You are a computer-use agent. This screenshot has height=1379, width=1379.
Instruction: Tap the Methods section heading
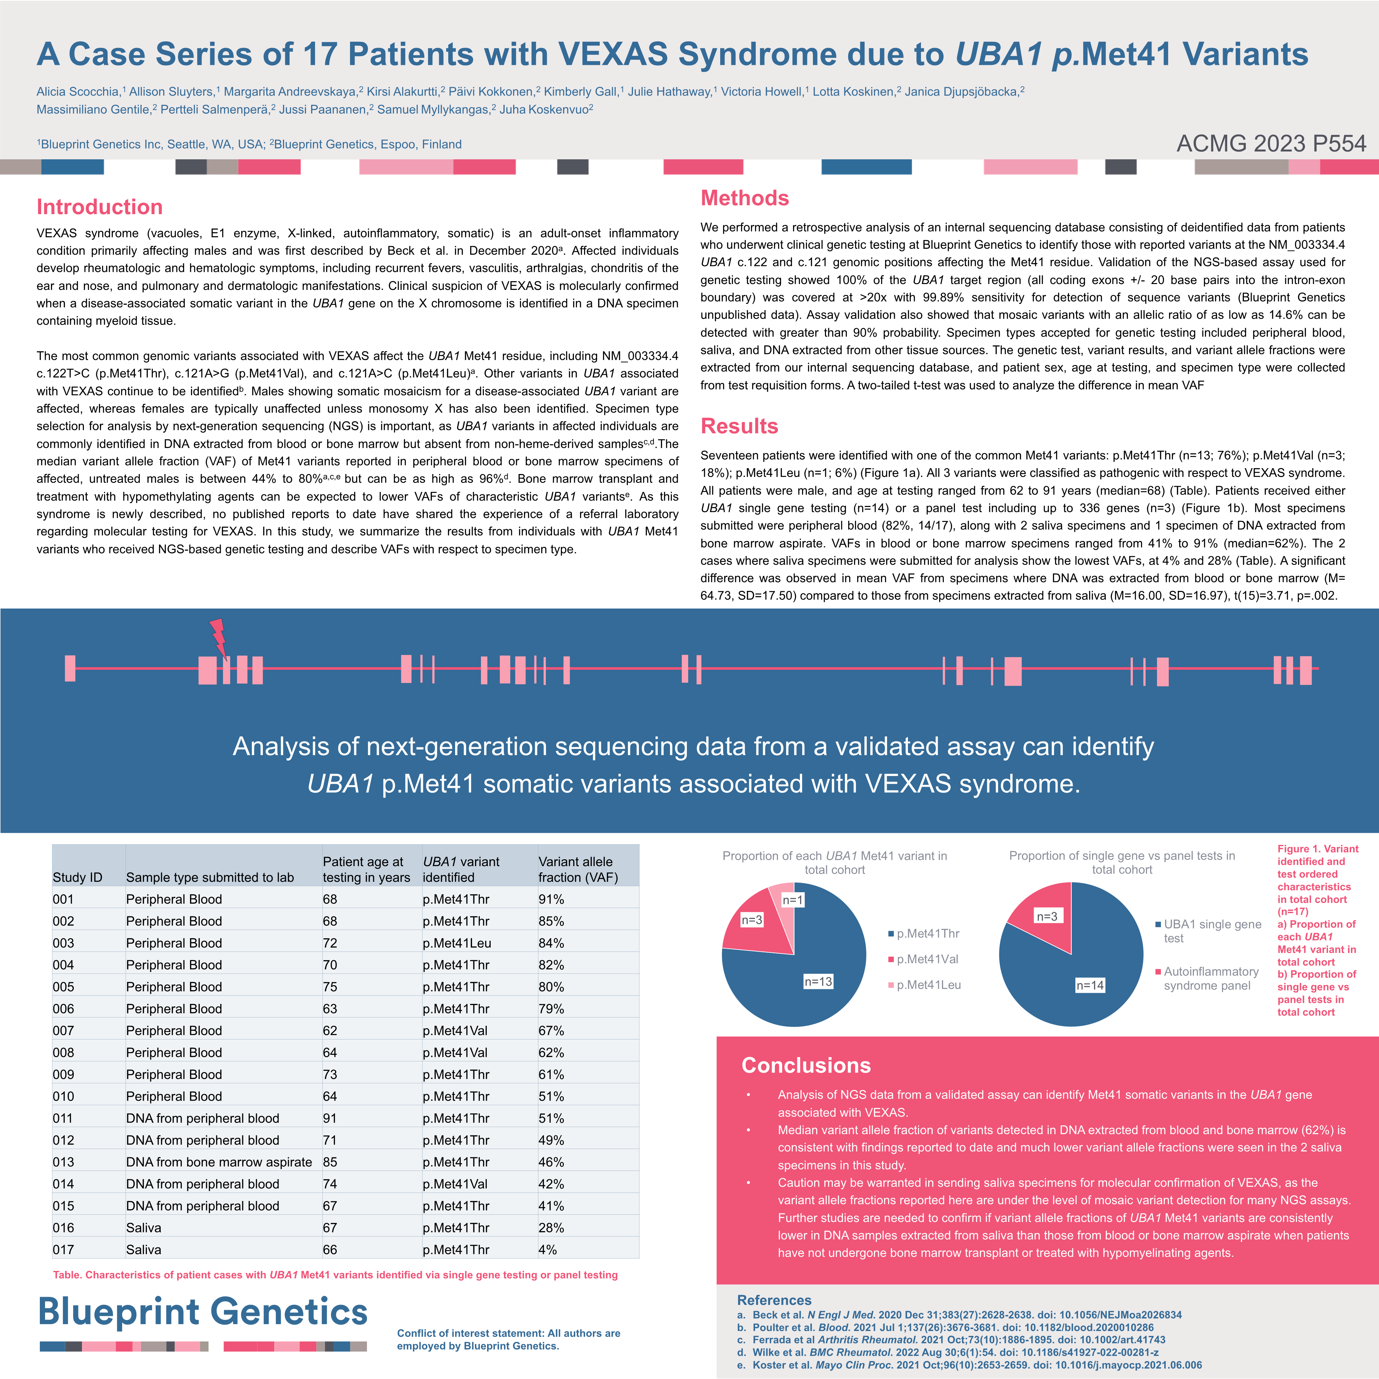[744, 198]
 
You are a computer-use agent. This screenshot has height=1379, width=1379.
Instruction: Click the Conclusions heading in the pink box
[806, 1065]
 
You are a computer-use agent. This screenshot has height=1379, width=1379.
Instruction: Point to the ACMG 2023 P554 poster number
[1271, 143]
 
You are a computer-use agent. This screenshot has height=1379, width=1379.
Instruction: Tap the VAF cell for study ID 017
[547, 1249]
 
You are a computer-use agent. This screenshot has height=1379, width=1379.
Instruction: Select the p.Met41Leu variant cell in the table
[457, 943]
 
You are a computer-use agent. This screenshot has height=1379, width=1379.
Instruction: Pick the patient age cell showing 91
[330, 1118]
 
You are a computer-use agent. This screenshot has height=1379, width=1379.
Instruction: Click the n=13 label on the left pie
[818, 981]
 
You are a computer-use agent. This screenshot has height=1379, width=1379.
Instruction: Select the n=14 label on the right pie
[1090, 985]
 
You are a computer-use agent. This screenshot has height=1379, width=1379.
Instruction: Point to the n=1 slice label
[792, 900]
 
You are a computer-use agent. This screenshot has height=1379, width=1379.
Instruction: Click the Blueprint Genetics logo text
[203, 1312]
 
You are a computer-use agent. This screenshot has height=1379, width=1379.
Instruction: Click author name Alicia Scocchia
[78, 91]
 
